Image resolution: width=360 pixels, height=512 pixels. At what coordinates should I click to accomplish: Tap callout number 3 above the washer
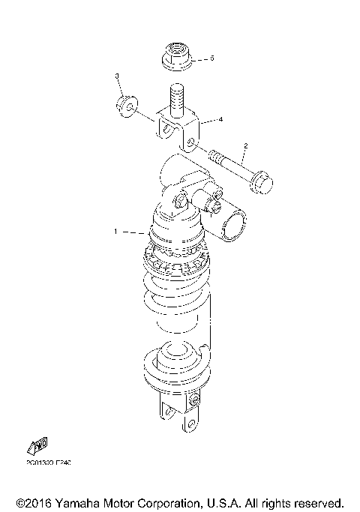pyautogui.click(x=117, y=76)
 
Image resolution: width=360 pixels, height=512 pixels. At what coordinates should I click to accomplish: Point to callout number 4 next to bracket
pyautogui.click(x=220, y=118)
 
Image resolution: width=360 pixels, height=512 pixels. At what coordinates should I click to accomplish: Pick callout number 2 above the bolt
pyautogui.click(x=245, y=145)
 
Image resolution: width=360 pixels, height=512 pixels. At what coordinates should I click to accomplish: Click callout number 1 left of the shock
pyautogui.click(x=115, y=232)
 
